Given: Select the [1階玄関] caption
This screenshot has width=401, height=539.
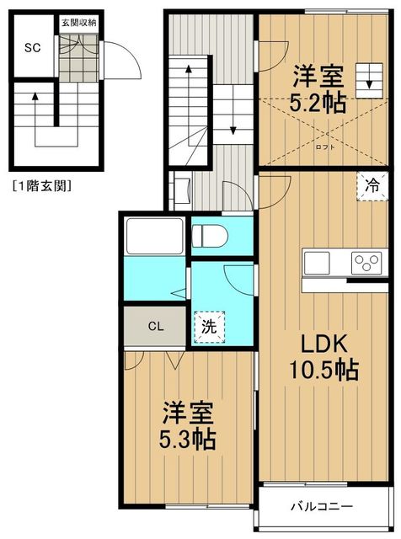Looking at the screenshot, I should tap(41, 184).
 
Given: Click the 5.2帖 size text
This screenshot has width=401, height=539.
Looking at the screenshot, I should tap(318, 104).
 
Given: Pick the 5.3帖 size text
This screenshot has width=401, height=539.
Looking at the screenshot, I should tap(188, 439).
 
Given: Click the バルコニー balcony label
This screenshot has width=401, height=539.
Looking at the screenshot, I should tap(323, 507).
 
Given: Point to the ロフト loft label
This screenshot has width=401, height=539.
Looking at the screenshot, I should tap(323, 145).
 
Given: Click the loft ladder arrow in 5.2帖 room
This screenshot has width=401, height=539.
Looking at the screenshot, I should tap(367, 82).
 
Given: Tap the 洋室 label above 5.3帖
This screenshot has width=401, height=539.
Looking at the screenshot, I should tap(188, 413).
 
